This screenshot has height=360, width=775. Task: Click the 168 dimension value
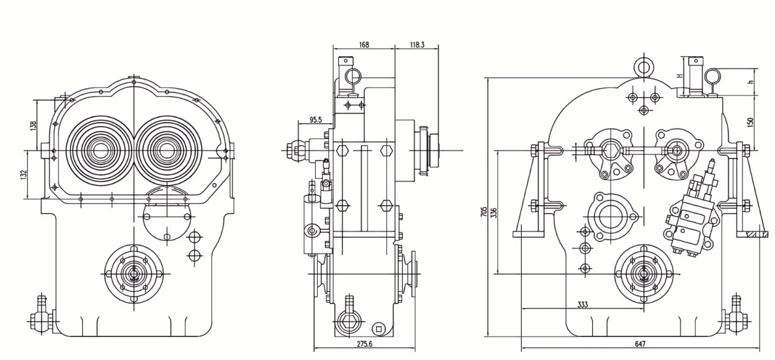click(364, 45)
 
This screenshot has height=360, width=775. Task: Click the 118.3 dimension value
click(418, 45)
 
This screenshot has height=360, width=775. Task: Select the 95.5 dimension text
click(316, 120)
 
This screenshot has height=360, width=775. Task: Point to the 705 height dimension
click(484, 212)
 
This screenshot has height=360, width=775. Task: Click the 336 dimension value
click(493, 212)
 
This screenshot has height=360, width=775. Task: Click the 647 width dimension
click(640, 344)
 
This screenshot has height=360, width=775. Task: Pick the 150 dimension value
click(750, 122)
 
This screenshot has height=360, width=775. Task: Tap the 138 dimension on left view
click(33, 126)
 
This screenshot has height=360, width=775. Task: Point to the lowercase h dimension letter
click(750, 82)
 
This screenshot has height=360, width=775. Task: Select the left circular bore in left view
click(100, 149)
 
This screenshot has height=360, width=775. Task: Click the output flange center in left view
click(133, 274)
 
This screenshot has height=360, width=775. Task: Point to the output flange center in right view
click(644, 274)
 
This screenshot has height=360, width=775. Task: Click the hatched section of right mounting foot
click(756, 234)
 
